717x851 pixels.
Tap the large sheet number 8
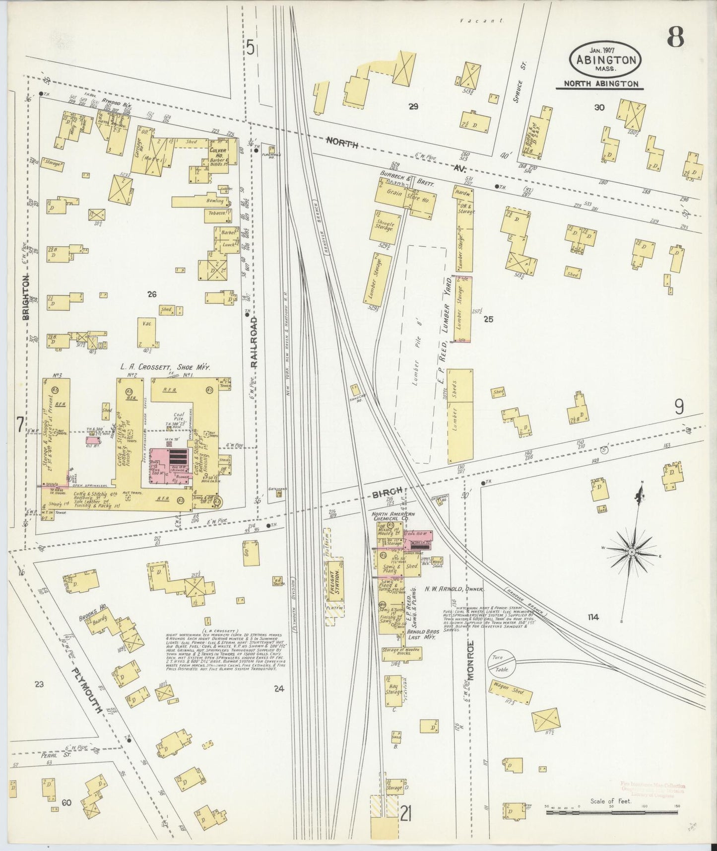coord(675,37)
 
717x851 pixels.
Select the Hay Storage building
coord(394,691)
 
